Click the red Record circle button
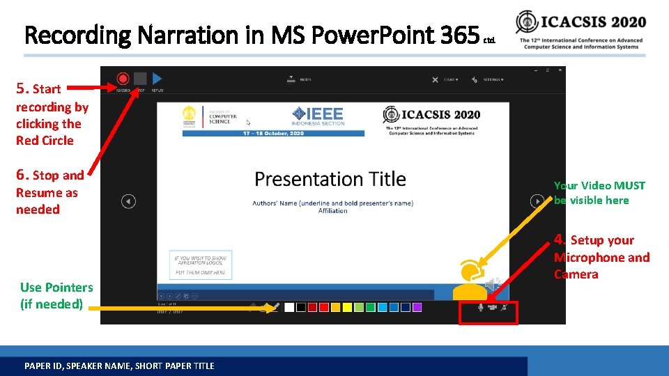pyautogui.click(x=123, y=79)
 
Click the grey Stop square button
pyautogui.click(x=140, y=79)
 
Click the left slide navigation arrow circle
pyautogui.click(x=128, y=201)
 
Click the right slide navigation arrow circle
pyautogui.click(x=537, y=201)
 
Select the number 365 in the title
pyautogui.click(x=461, y=33)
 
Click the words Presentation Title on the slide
pyautogui.click(x=330, y=179)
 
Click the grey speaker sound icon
pyautogui.click(x=493, y=283)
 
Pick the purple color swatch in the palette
pyautogui.click(x=417, y=307)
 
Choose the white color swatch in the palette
pyautogui.click(x=289, y=307)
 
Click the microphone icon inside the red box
pyautogui.click(x=480, y=307)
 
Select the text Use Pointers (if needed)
pyautogui.click(x=56, y=295)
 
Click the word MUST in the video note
pyautogui.click(x=631, y=185)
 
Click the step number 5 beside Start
pyautogui.click(x=22, y=88)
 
